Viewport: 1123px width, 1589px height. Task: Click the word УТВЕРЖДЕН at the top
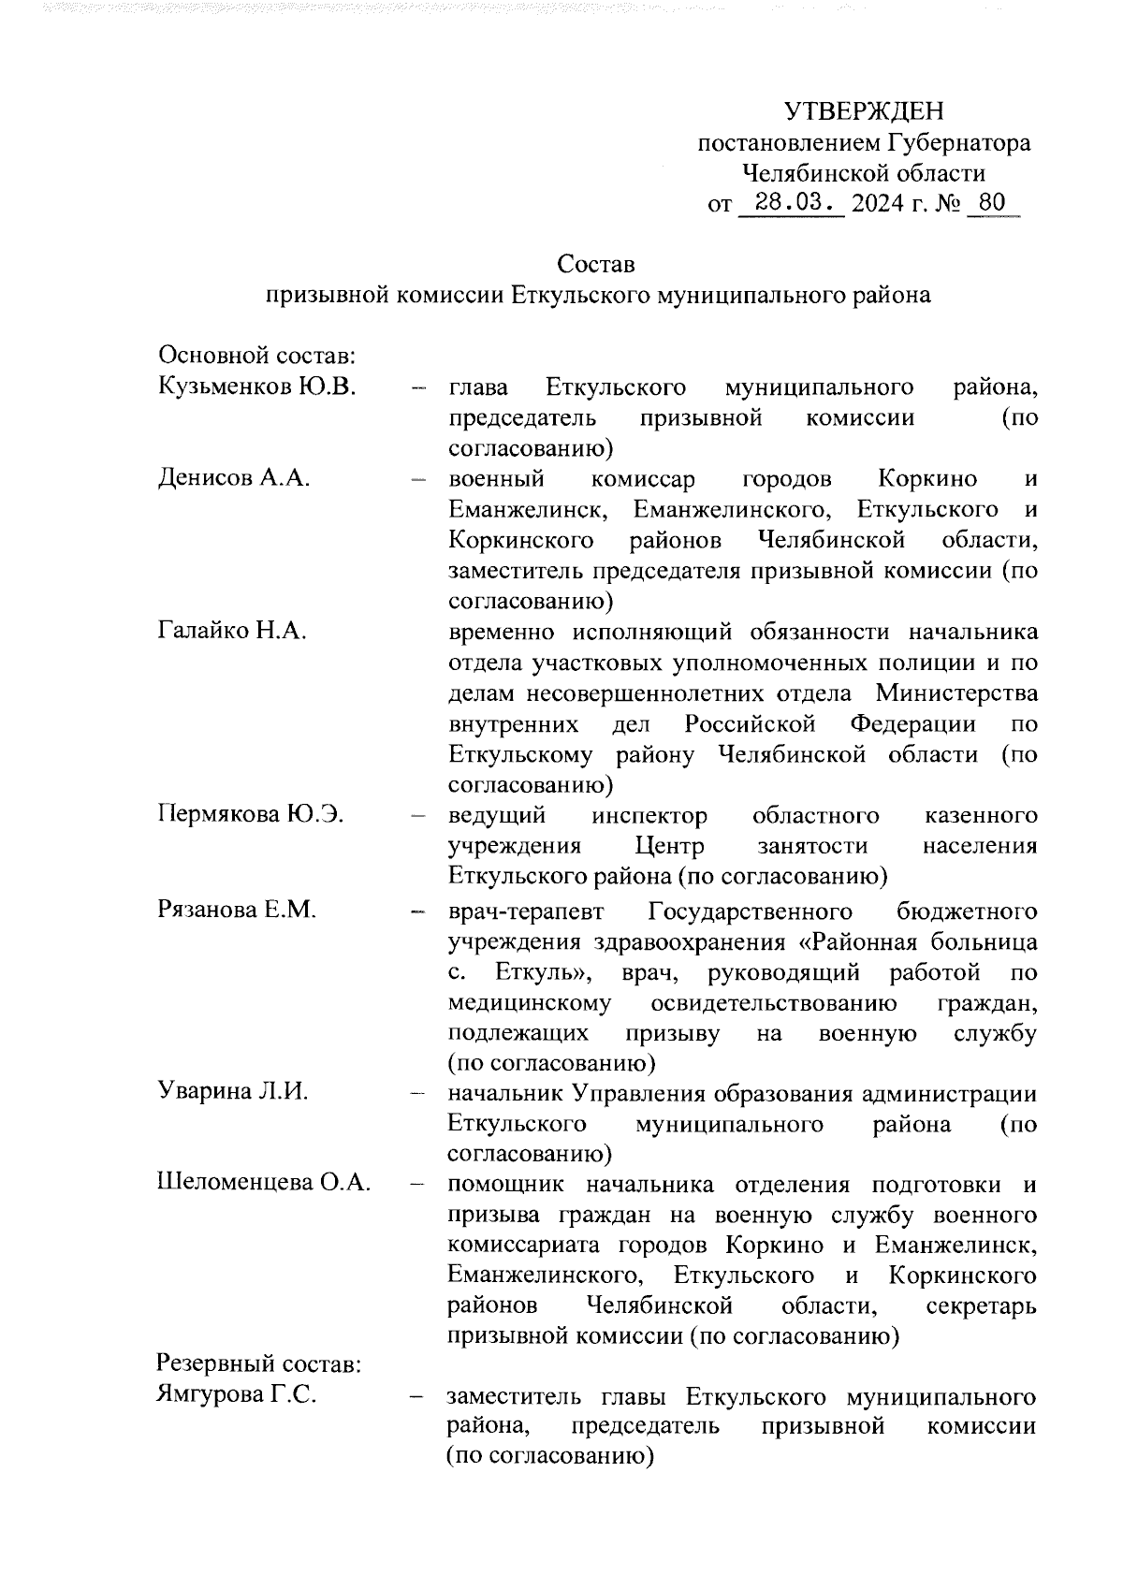(x=864, y=112)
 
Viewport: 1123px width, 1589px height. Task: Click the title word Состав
(x=595, y=265)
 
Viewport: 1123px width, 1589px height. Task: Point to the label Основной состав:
(x=255, y=357)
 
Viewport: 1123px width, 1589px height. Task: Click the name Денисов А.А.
(x=234, y=479)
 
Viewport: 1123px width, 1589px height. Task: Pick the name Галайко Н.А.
(x=232, y=632)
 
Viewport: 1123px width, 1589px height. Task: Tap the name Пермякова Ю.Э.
(x=250, y=815)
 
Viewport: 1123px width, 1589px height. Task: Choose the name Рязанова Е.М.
(x=238, y=909)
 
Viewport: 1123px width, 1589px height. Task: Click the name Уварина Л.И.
(x=233, y=1092)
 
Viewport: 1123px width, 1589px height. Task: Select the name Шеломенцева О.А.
(x=263, y=1184)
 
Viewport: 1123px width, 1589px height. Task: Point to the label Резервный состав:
(x=259, y=1363)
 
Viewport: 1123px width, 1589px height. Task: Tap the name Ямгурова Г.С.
(x=236, y=1395)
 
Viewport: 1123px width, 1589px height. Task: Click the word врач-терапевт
(x=527, y=911)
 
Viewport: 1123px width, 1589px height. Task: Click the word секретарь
(x=980, y=1305)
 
